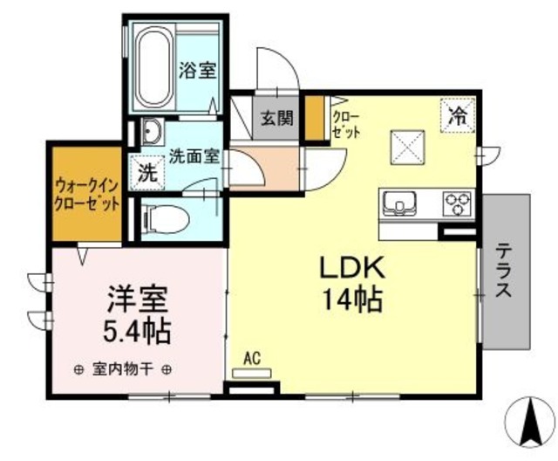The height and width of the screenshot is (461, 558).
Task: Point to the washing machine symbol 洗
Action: (x=148, y=170)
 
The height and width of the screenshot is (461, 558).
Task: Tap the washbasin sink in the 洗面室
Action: (x=151, y=133)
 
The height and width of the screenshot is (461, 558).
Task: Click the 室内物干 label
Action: (x=123, y=368)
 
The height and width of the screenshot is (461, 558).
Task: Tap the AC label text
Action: (x=253, y=357)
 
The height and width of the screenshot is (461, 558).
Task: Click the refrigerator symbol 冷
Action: (x=458, y=114)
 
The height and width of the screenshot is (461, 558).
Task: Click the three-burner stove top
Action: (x=456, y=204)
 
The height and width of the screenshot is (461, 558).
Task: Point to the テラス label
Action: (x=503, y=270)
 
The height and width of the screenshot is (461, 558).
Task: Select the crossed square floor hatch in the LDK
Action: (x=407, y=145)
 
